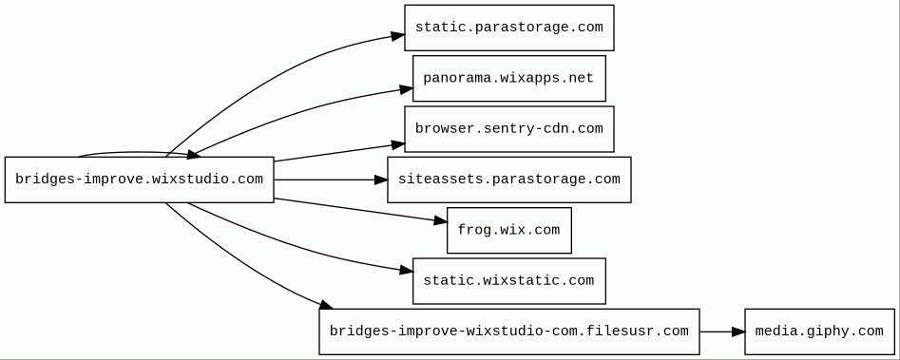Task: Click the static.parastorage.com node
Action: coord(509,28)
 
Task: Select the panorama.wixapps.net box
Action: coord(509,79)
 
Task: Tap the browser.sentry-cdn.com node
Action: coord(509,129)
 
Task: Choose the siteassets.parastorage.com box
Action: coord(509,180)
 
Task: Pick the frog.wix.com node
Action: coord(509,231)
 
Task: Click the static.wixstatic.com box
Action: coord(509,281)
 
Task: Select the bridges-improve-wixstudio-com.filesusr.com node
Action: coord(509,332)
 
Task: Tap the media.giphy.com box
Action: coord(819,332)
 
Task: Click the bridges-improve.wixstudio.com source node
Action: coord(140,180)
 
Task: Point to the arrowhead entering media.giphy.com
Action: coord(738,332)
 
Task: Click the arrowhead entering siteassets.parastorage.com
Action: coord(380,180)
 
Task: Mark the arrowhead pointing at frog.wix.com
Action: coord(440,220)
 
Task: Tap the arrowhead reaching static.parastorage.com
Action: coord(398,36)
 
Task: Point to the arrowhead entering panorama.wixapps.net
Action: coord(407,89)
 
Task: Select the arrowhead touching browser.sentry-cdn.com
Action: coord(398,145)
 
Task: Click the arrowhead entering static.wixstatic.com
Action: coord(407,270)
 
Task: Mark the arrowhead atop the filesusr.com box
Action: coord(326,304)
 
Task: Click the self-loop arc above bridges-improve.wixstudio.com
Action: coord(138,153)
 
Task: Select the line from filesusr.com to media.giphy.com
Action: coord(722,332)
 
